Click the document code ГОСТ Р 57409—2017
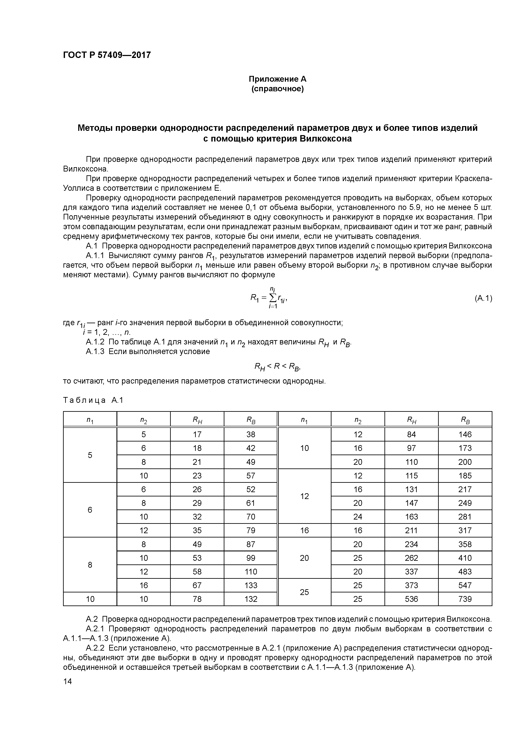click(107, 55)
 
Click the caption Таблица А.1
click(93, 400)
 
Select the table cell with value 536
click(411, 599)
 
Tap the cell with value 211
click(411, 530)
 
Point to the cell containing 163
click(411, 517)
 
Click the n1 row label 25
click(304, 592)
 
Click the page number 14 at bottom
click(67, 681)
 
